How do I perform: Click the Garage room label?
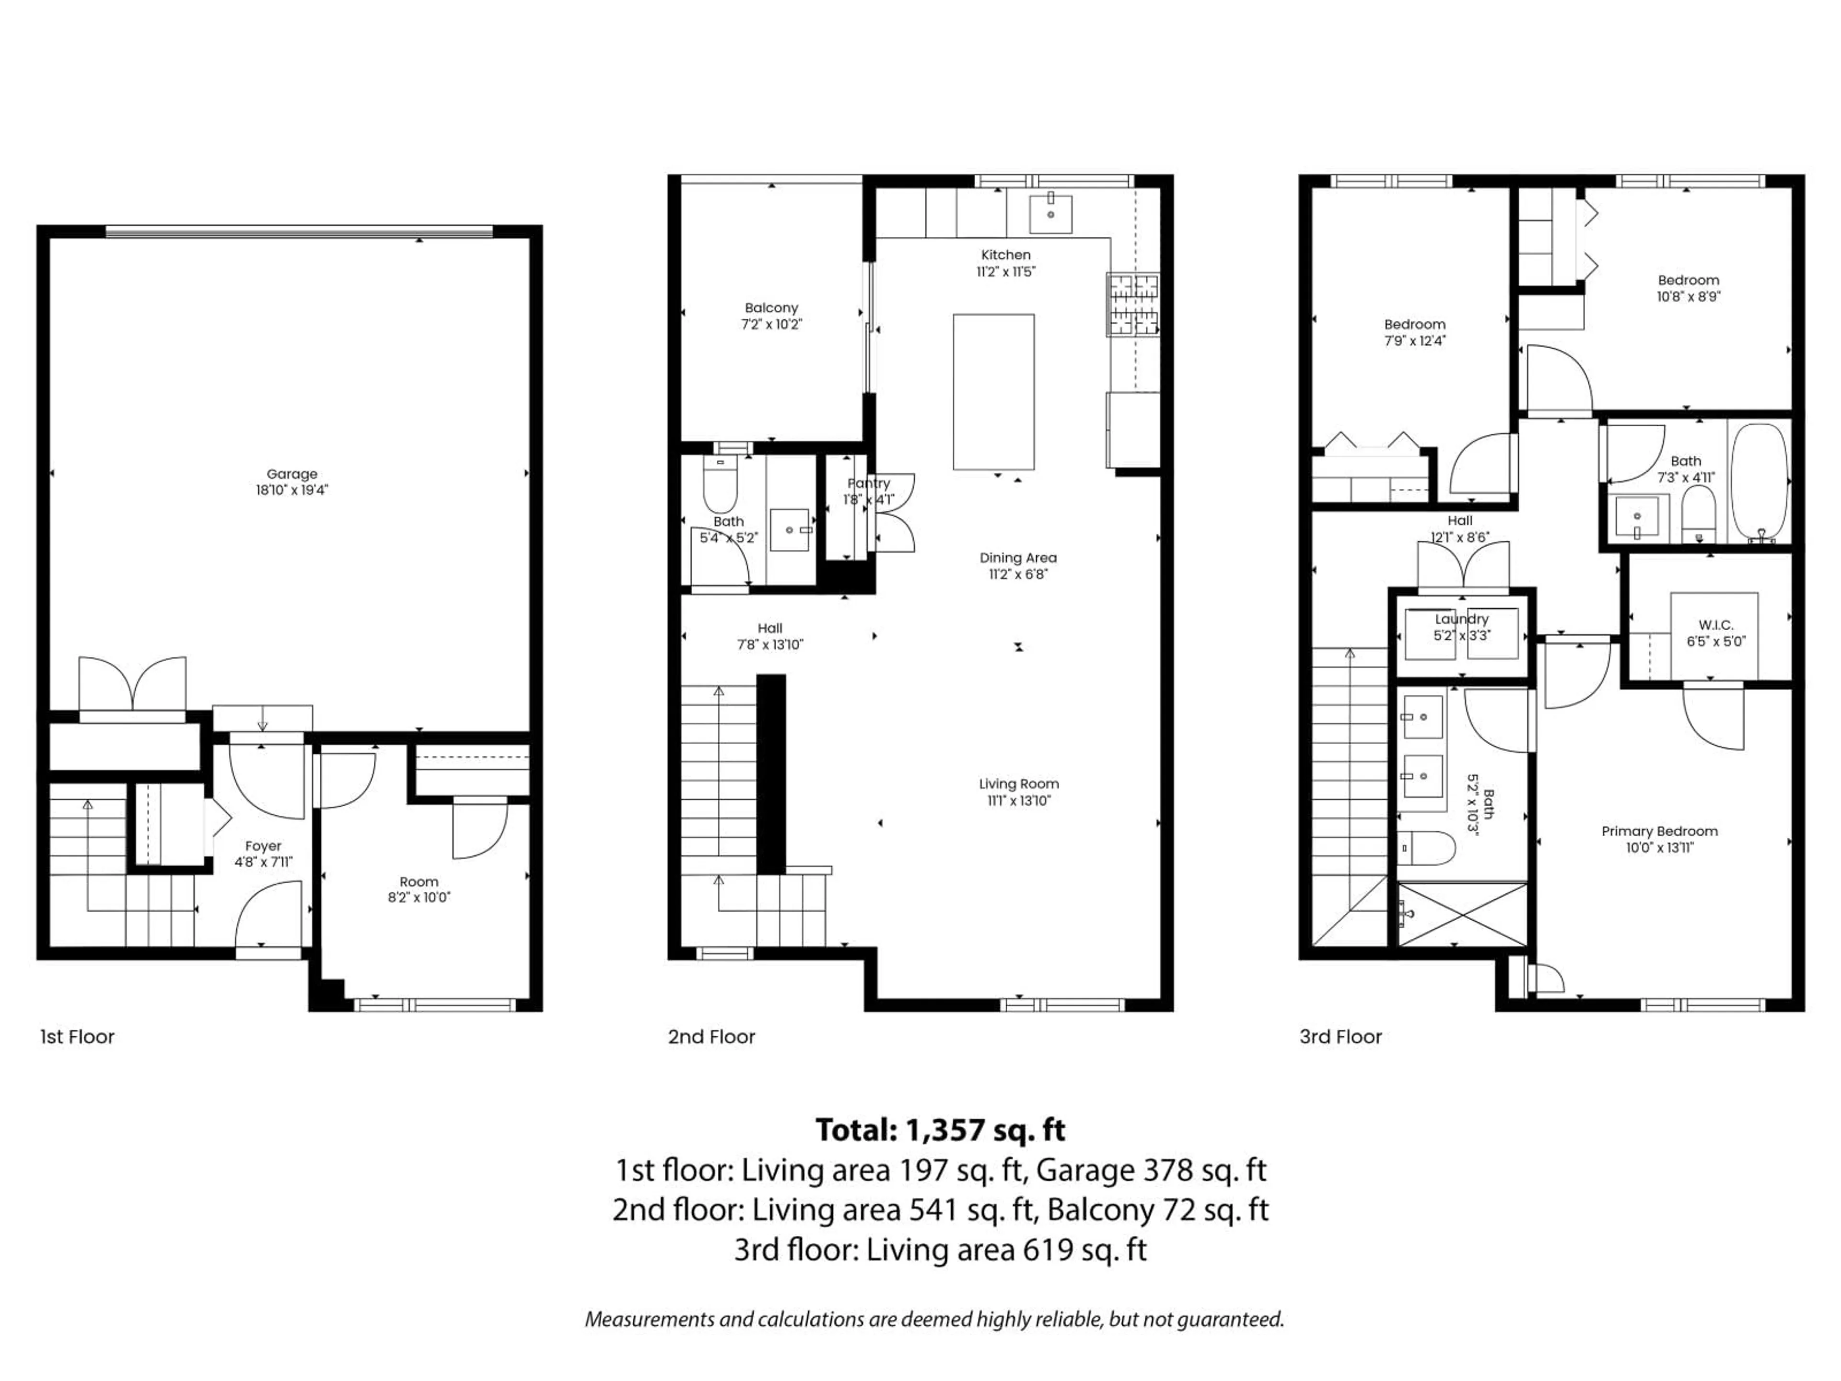coord(291,474)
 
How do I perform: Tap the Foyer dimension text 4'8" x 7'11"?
coord(263,862)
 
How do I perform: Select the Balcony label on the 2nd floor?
coord(771,308)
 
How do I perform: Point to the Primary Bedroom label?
coord(1659,831)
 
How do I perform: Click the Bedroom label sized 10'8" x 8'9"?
coord(1688,281)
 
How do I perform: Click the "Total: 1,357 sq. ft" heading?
coord(940,1130)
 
